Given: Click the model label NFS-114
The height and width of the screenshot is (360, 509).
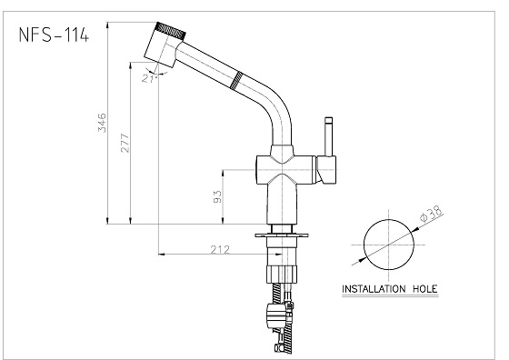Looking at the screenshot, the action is click(x=54, y=35).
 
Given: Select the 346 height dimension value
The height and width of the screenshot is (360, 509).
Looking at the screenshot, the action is click(x=102, y=123).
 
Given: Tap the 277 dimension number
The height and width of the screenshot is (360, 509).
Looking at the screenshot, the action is click(x=125, y=143).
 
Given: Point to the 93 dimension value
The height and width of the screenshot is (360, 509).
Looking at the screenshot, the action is click(x=217, y=196).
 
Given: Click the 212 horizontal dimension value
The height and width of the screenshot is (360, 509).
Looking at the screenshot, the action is click(x=220, y=249).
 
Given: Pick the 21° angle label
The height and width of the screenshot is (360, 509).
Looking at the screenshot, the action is click(x=149, y=78).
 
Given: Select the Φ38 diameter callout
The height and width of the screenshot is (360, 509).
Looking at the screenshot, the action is click(x=431, y=214).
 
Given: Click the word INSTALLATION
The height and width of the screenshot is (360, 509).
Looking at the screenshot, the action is click(x=374, y=288).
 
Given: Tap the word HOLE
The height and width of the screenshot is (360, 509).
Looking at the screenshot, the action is click(x=425, y=288).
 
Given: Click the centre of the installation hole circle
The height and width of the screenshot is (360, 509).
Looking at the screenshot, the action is click(x=389, y=245).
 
